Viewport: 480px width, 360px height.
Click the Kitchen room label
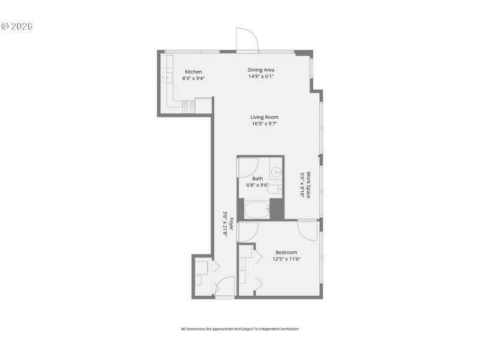193,72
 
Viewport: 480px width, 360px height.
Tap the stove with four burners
188,107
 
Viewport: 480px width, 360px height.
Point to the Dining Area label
261,70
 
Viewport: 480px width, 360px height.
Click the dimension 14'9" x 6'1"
261,76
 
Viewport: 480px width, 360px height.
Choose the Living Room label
265,117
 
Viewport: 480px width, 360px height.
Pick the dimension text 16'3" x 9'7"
265,124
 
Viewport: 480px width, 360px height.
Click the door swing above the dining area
247,40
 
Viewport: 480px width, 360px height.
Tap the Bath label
257,178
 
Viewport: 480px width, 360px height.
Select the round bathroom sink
277,172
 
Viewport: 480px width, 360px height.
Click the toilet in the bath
274,190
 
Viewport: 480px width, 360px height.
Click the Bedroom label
286,252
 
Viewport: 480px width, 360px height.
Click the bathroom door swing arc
248,166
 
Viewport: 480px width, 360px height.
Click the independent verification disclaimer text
239,329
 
